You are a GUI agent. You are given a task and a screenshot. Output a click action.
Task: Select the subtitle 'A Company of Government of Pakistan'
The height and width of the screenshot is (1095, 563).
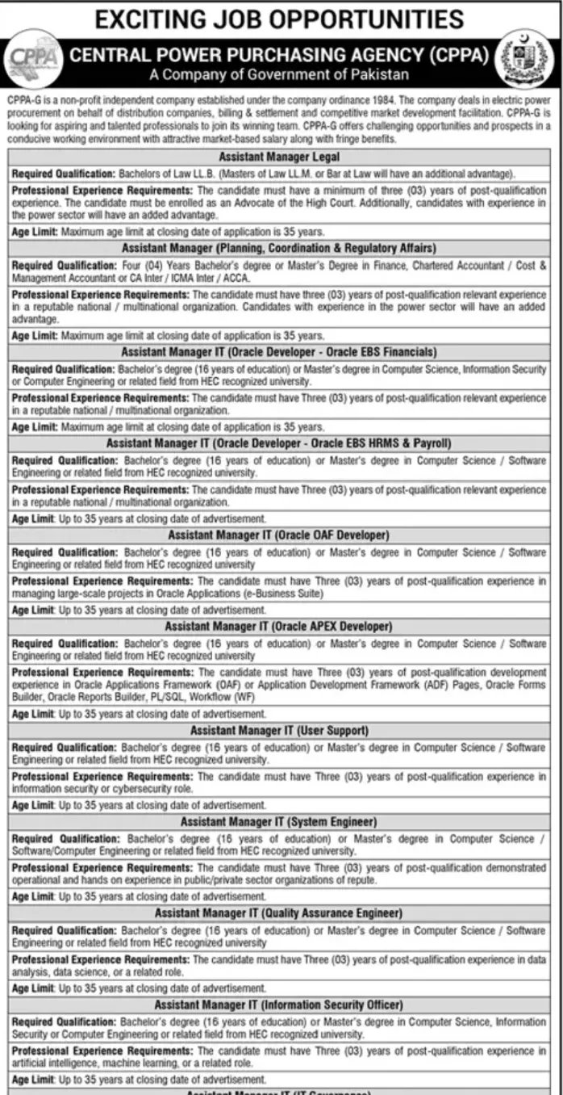point(279,75)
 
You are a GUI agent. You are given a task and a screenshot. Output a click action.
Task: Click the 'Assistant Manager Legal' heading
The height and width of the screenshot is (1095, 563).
point(279,157)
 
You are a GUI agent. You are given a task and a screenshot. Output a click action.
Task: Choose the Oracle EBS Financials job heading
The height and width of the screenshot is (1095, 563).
point(279,352)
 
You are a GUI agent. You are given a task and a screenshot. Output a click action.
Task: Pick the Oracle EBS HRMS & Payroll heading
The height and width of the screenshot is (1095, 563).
point(279,443)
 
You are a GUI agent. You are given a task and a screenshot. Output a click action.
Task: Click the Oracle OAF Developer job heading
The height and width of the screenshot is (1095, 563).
point(279,535)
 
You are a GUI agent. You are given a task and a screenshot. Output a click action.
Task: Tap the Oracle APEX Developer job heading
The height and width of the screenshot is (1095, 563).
point(279,626)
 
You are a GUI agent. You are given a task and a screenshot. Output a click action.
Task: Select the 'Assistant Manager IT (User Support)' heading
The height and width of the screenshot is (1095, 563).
point(279,730)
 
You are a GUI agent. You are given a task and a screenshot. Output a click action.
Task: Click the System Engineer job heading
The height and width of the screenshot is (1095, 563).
point(279,821)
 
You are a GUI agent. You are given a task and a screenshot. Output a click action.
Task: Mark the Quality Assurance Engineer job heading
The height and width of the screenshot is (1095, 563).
point(279,913)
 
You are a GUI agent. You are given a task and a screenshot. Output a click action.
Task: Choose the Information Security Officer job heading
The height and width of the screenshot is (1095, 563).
point(279,1005)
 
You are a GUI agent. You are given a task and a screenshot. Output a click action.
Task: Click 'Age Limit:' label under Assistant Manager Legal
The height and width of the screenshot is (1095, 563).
point(35,231)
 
